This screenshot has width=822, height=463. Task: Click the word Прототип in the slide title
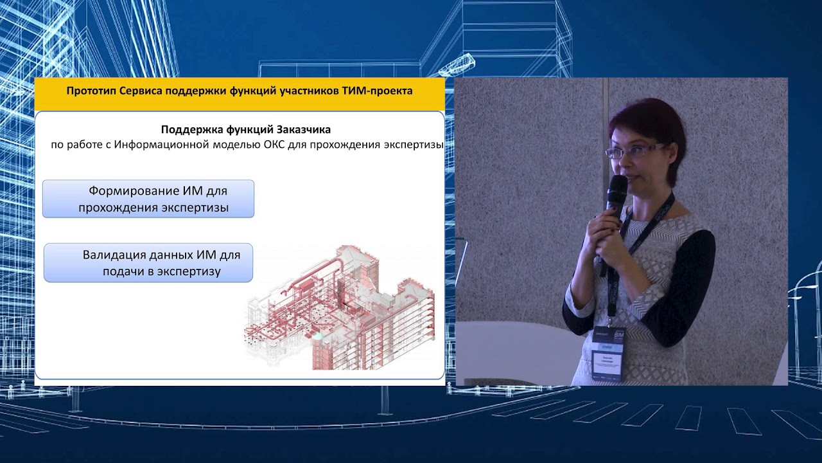pos(89,91)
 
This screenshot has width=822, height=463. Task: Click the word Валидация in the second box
pos(111,255)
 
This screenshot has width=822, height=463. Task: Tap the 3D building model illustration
pos(340,305)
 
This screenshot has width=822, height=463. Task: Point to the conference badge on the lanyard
pos(608,350)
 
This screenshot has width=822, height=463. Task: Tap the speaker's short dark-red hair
pos(649,122)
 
